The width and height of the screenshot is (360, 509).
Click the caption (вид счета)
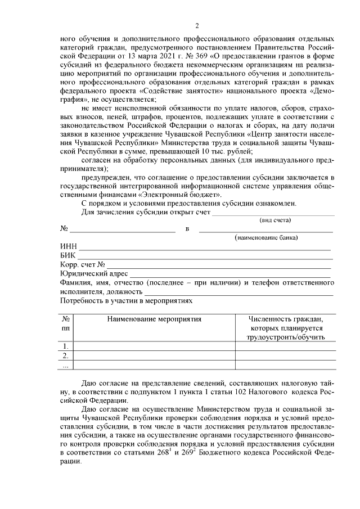pos(276,220)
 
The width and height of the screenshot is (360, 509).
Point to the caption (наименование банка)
pos(266,238)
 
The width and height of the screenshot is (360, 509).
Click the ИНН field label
pos(68,247)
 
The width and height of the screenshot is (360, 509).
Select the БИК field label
pos(68,256)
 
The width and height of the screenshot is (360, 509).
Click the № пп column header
pos(66,323)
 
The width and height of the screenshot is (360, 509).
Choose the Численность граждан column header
pos(286,319)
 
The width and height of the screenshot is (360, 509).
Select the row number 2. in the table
pos(66,355)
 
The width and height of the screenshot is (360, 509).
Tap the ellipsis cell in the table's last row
pos(66,366)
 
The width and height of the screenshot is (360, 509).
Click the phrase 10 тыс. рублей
pos(231,151)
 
